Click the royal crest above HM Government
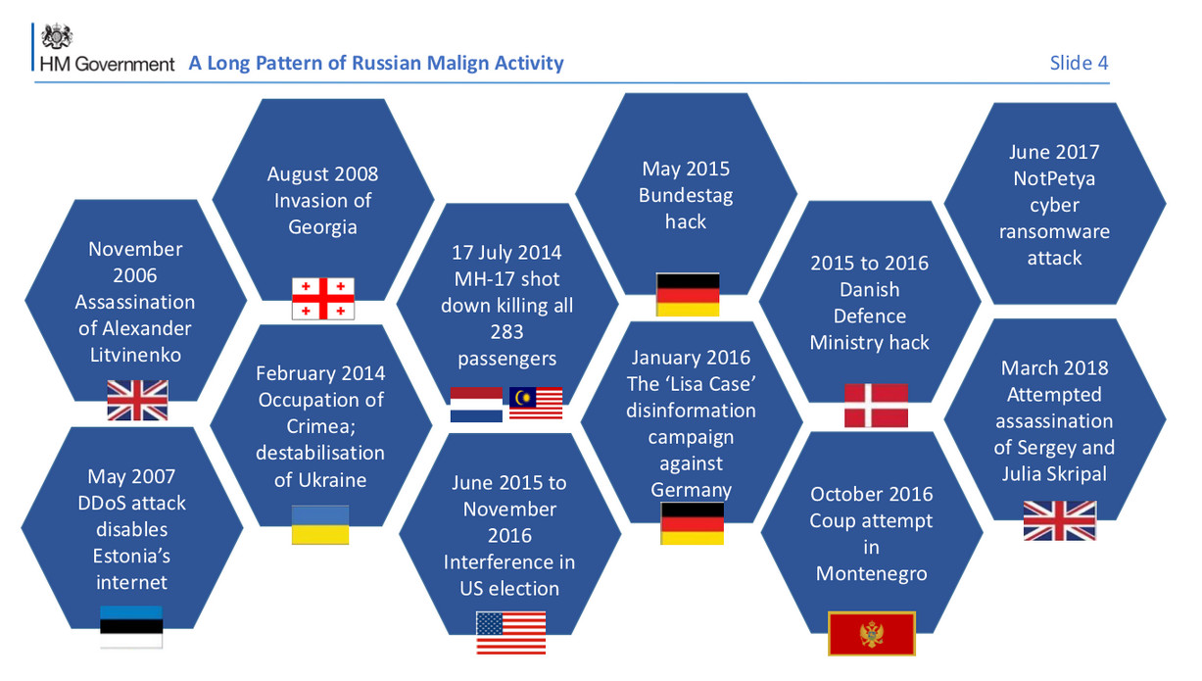[57, 36]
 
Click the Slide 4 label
[1079, 64]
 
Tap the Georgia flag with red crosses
[323, 299]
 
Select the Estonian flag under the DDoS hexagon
[131, 627]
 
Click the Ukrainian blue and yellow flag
[320, 525]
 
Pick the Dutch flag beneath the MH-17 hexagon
[476, 405]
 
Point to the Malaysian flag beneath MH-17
[536, 403]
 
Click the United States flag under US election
[510, 633]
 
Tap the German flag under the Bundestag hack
[688, 295]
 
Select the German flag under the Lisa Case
[693, 524]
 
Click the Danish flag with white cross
[877, 406]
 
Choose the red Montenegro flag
[872, 634]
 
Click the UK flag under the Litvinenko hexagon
[137, 401]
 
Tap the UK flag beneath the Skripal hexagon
[1060, 520]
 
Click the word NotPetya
[1054, 178]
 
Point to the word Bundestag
[686, 196]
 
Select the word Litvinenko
[135, 356]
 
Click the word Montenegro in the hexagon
[872, 574]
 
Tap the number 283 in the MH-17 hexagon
[506, 332]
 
